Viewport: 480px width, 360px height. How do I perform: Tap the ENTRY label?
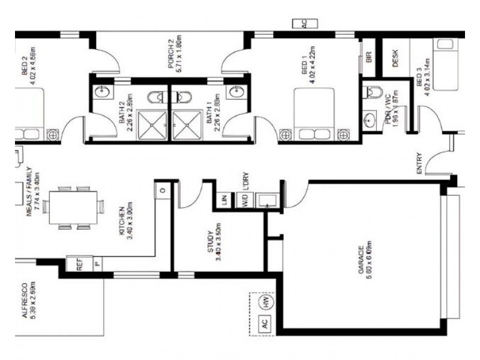(x=419, y=163)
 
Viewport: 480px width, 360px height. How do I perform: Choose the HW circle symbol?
(x=264, y=302)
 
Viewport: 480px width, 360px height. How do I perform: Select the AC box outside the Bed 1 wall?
(x=304, y=23)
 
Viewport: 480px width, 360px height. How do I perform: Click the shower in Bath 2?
(x=154, y=124)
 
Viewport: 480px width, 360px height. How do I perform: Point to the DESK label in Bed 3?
(x=396, y=58)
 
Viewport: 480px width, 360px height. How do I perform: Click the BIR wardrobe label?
(x=370, y=58)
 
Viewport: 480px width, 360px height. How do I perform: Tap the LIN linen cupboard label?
(x=224, y=200)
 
